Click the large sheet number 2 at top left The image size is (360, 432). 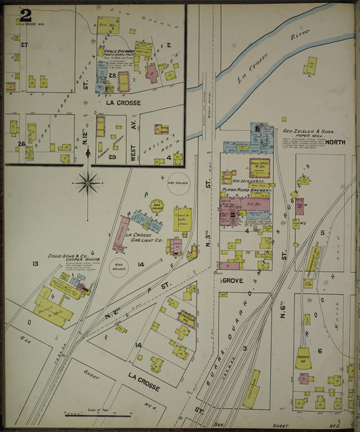point(25,15)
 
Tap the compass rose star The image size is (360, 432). point(88,181)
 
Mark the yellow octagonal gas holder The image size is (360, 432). point(157,205)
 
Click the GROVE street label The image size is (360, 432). point(232,280)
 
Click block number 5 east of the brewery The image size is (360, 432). point(322,233)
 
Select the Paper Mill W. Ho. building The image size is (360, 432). point(260,166)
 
